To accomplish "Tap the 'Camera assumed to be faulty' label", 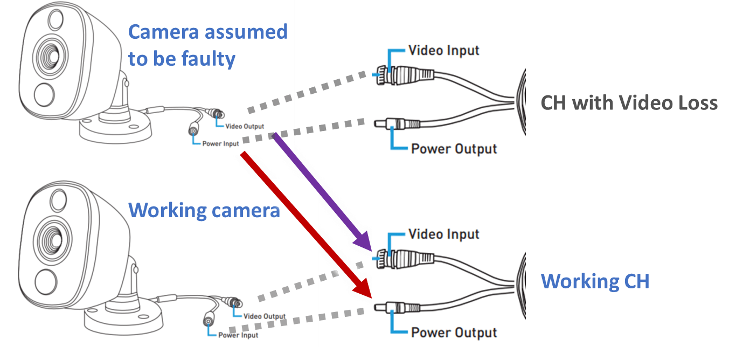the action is coord(207,45).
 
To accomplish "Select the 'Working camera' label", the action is coord(204,210).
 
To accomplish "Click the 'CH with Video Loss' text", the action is coord(629,103).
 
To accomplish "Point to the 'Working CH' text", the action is coord(595,281).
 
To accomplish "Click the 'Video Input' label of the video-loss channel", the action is coord(443,51).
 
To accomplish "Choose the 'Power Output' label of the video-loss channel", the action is coord(454,149).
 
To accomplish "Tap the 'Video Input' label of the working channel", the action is coord(443,234).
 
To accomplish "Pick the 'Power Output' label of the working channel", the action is coord(454,333).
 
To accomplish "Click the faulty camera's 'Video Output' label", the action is coord(245,126).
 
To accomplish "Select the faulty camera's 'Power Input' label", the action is coord(220,144).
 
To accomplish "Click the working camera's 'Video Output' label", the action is coord(265,316).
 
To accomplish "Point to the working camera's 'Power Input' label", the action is coord(238,335).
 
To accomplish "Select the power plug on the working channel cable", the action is coord(397,308).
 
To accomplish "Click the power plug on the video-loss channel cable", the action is coord(397,124).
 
